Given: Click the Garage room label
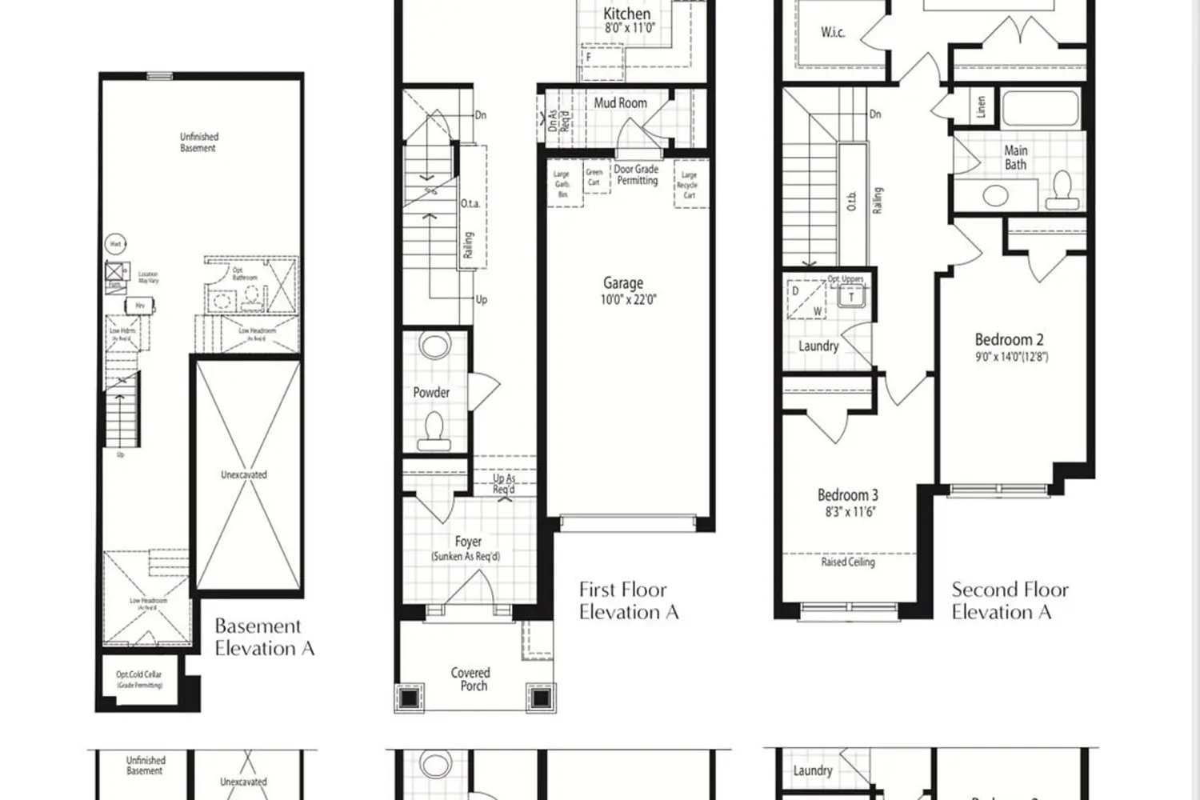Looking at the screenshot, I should click(623, 283).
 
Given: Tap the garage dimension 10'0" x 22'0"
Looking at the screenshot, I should click(629, 300).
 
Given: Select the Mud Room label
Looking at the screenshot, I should click(620, 103).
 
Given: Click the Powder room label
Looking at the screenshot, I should click(431, 393).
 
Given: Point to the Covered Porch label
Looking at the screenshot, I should click(470, 679).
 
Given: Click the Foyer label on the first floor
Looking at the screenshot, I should click(468, 542).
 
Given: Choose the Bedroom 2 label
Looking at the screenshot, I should click(1009, 340).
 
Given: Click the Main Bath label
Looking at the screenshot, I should click(1016, 158).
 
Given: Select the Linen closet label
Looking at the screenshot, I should click(982, 107).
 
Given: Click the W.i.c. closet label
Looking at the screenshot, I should click(833, 33).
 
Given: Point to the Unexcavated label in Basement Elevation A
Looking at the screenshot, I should click(244, 475).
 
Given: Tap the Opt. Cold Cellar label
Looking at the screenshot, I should click(139, 674).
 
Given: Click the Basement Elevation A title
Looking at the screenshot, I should click(264, 638).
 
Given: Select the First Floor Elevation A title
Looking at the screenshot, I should click(628, 601).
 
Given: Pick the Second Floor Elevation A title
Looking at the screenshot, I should click(1010, 601).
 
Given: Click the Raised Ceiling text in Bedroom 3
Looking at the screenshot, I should click(848, 562).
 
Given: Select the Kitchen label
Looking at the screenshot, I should click(626, 14).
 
